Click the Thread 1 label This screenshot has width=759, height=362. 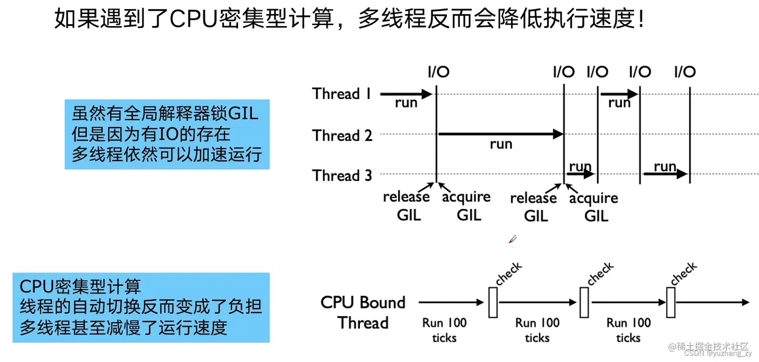coord(341,94)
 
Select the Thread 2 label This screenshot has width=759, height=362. coord(342,135)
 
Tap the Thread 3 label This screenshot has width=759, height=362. coord(342,175)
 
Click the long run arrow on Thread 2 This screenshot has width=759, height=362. coord(500,134)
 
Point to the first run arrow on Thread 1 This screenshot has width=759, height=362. coord(406,94)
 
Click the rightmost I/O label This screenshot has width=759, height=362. coord(685,72)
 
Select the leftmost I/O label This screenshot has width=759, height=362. coord(438,72)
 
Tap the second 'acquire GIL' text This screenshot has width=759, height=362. coord(594,207)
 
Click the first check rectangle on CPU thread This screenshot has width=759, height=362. coord(493,302)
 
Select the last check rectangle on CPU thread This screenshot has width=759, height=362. coord(671,302)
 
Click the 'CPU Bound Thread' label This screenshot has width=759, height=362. coord(363,312)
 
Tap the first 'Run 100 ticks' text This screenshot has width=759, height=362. coord(444,330)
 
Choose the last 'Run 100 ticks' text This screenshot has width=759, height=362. coord(628,330)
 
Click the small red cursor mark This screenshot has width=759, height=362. coord(512,239)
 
